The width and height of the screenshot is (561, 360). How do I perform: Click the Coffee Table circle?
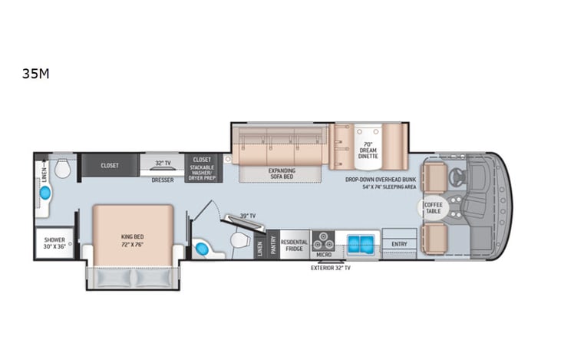click(434, 208)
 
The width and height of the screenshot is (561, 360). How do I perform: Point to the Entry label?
click(399, 244)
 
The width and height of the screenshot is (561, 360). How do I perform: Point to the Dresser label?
click(162, 180)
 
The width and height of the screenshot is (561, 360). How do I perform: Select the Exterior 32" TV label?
click(330, 268)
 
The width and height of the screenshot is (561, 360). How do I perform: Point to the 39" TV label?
click(248, 216)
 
